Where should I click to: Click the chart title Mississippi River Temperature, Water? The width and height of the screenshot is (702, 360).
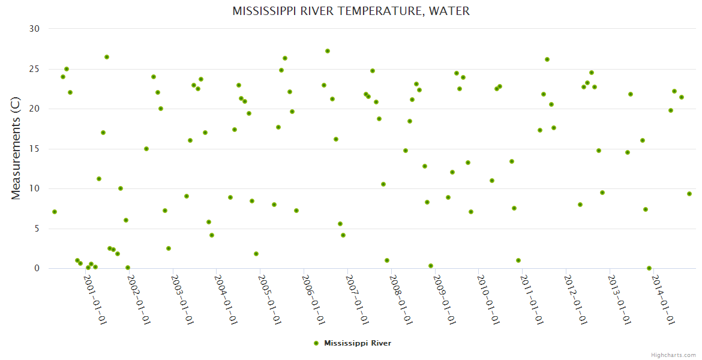351,11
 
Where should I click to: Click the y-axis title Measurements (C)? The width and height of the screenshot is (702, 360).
16,148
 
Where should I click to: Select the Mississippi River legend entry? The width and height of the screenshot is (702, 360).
358,343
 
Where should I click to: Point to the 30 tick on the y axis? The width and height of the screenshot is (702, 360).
34,29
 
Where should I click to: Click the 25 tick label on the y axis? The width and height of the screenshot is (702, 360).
34,69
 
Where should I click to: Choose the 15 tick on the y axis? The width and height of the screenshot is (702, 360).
34,149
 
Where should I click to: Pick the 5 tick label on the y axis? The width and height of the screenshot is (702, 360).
37,229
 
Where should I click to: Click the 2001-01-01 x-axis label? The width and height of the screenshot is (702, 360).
95,299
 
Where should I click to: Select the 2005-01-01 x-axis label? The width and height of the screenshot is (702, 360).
270,299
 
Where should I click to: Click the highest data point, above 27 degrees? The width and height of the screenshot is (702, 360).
328,51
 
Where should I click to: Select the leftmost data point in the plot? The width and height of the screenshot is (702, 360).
55,212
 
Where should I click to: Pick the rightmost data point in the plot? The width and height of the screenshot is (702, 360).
689,194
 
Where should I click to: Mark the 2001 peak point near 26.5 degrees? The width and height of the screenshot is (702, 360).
107,57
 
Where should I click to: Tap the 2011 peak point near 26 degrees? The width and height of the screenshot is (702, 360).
547,59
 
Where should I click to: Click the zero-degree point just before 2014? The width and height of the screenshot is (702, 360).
649,268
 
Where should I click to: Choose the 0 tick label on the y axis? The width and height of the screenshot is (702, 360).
37,268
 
